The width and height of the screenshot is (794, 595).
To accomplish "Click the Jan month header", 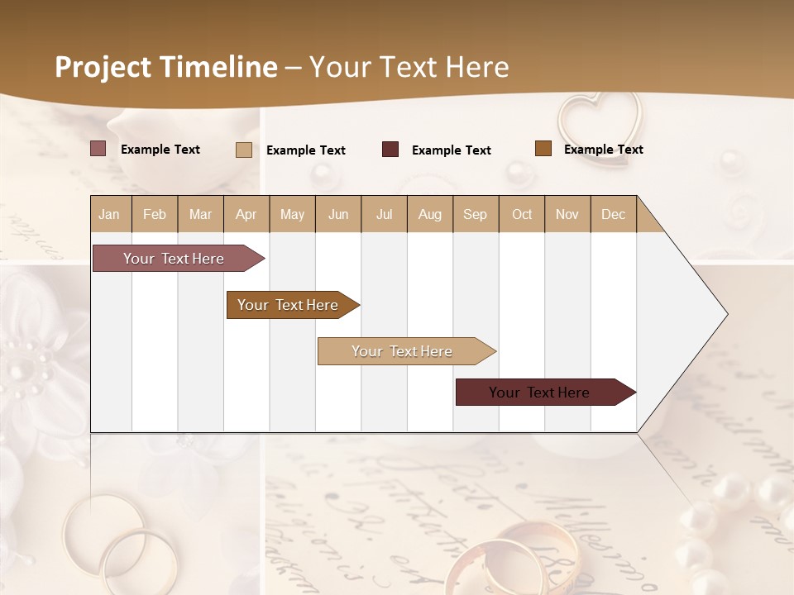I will [110, 215].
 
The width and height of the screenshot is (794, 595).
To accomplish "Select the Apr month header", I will [246, 215].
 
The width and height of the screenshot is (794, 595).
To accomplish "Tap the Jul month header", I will [385, 215].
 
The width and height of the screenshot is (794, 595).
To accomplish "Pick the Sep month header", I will [476, 215].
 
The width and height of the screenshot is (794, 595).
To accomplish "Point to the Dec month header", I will [614, 215].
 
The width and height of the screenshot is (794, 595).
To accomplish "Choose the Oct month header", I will [522, 215].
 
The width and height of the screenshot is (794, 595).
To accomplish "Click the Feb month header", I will [155, 215].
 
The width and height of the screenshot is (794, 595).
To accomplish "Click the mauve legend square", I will [98, 149].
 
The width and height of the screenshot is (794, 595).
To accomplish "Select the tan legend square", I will [244, 150].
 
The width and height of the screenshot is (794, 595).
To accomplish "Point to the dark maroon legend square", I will [390, 150].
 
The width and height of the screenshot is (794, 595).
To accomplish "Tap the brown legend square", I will [543, 149].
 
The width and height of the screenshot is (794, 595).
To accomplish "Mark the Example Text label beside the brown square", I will [603, 150].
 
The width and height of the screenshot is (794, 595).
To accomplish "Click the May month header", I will [292, 215].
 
